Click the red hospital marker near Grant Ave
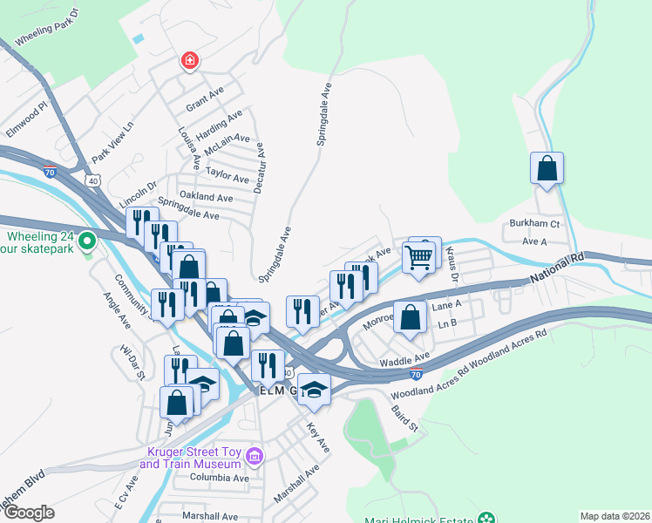188,60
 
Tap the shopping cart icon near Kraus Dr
418,256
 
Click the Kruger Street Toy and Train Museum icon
254,456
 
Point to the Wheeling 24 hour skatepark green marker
86,240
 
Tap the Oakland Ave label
206,198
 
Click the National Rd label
556,270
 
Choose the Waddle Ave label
404,358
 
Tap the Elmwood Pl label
24,120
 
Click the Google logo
28,513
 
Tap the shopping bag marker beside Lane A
410,316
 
